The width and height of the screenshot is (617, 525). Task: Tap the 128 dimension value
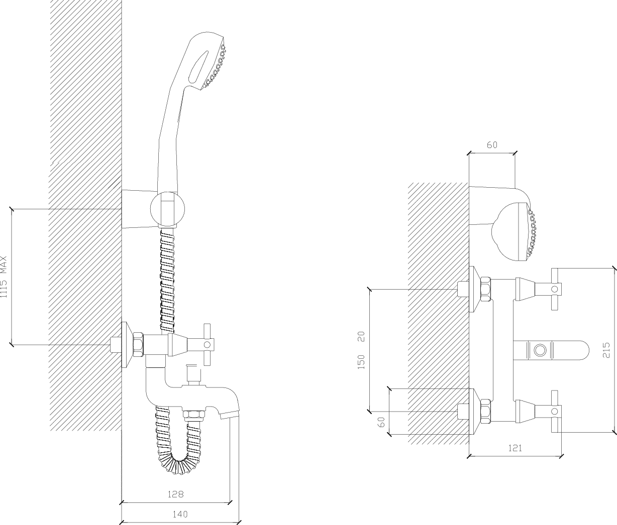pyautogui.click(x=175, y=494)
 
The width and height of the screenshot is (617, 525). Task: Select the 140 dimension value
pyautogui.click(x=180, y=514)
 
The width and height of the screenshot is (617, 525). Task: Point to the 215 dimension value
pyautogui.click(x=606, y=350)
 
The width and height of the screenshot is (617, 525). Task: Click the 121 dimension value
pyautogui.click(x=515, y=448)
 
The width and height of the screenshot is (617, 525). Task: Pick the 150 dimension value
pyautogui.click(x=361, y=362)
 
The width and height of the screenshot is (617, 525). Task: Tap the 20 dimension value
pyautogui.click(x=361, y=337)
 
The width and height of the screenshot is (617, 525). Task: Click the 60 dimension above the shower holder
pyautogui.click(x=492, y=145)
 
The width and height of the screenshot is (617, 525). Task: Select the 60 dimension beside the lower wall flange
pyautogui.click(x=381, y=422)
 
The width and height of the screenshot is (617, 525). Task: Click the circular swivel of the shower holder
pyautogui.click(x=167, y=209)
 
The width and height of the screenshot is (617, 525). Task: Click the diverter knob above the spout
pyautogui.click(x=193, y=372)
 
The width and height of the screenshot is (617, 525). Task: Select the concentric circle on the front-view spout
pyautogui.click(x=540, y=350)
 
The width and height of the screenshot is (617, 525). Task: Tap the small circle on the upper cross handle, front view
pyautogui.click(x=555, y=289)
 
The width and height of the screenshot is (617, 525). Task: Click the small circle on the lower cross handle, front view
pyautogui.click(x=555, y=412)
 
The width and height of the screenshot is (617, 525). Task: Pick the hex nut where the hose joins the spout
pyautogui.click(x=194, y=415)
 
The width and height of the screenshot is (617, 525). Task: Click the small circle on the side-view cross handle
pyautogui.click(x=207, y=345)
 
